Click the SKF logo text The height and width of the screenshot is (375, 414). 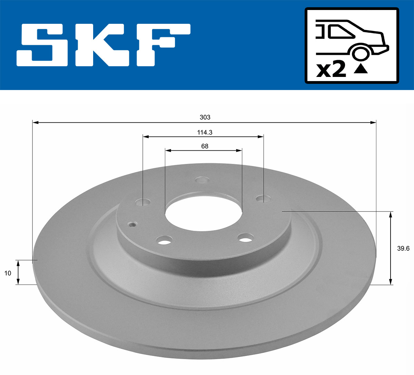pos(103,45)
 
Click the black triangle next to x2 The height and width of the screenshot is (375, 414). pos(361,69)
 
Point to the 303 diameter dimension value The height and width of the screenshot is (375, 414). pos(205,117)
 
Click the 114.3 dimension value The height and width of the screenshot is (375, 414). pos(205,132)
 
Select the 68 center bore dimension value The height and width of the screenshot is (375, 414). pos(205,146)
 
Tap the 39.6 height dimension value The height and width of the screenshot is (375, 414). pos(403,248)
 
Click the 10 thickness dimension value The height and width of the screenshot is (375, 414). pos(8,273)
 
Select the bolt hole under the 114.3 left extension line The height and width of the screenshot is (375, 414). pos(143,202)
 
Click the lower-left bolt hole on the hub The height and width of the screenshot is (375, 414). pos(164,240)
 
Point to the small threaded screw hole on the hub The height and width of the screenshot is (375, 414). pos(132,224)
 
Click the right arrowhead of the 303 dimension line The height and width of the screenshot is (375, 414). pos(373,122)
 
